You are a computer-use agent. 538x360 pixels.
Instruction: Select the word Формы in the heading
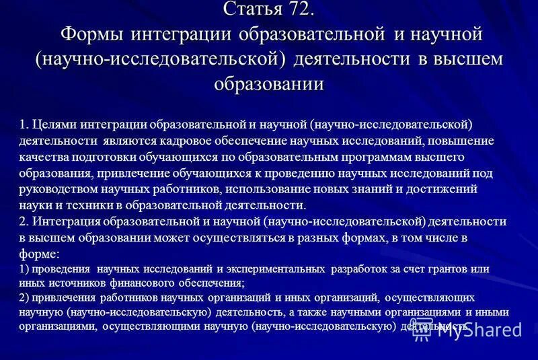point(91,34)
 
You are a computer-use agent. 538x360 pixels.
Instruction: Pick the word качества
point(45,157)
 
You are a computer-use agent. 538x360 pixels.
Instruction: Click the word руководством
point(57,189)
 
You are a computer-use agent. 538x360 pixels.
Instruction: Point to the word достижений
point(445,189)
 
